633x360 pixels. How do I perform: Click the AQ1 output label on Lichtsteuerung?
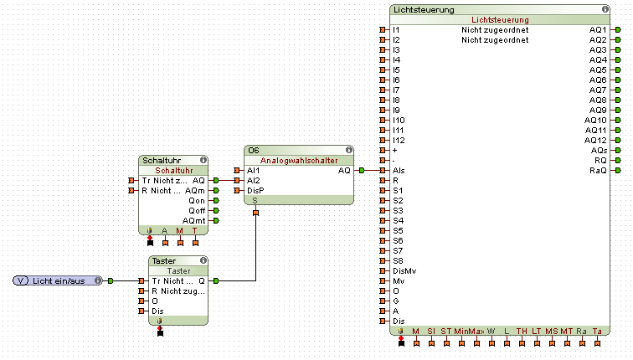coord(597,29)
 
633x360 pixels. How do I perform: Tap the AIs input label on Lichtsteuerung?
coord(399,170)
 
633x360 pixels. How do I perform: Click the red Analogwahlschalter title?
coord(299,160)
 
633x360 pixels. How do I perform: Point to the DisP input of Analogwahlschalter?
coord(255,190)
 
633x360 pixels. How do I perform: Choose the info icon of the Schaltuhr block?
coord(201,159)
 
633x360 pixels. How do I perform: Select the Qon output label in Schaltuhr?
coord(197,200)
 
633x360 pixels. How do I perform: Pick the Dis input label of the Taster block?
coord(158,311)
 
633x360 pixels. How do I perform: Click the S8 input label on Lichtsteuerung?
coord(399,260)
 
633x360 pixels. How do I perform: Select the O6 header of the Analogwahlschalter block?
coord(253,150)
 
